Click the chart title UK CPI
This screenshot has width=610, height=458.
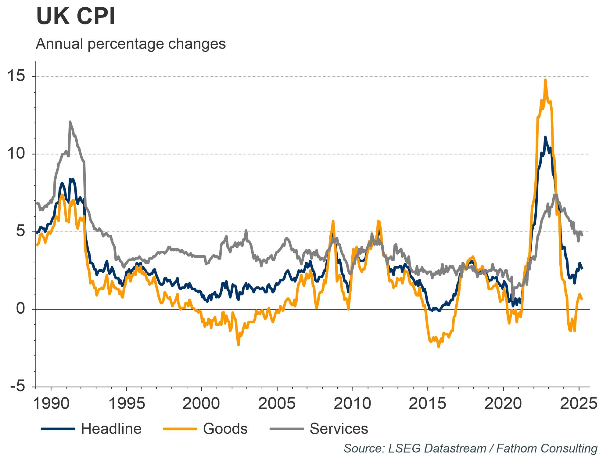(76, 16)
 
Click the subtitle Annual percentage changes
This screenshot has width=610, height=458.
(131, 44)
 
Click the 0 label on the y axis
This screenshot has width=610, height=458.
(20, 309)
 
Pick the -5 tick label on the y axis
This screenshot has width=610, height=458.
(17, 387)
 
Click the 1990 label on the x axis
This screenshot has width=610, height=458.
(51, 404)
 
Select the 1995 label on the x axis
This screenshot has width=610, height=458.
(126, 404)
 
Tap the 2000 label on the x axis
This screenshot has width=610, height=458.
(202, 404)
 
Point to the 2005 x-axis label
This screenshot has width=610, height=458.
(277, 404)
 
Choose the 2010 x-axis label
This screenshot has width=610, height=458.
(352, 404)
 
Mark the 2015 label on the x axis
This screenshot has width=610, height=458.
(428, 404)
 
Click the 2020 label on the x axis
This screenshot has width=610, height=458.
(503, 404)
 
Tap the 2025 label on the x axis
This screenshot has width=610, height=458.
(578, 404)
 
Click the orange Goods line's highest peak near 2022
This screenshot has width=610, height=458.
(545, 80)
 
